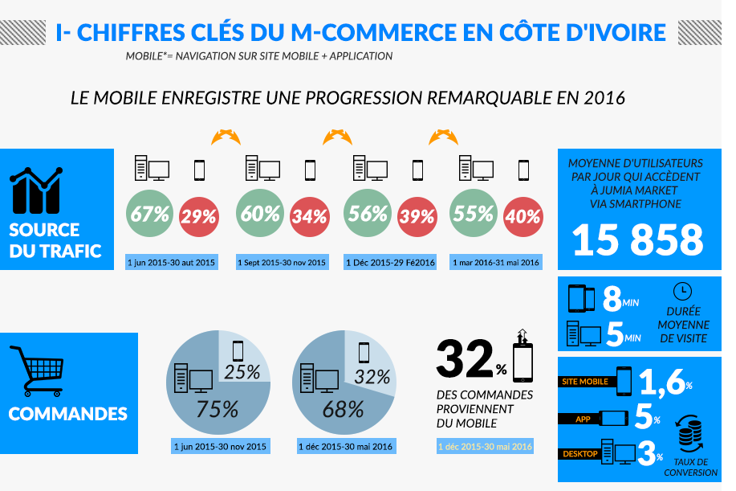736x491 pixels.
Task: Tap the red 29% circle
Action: click(x=198, y=216)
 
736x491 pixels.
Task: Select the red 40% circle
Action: click(x=523, y=216)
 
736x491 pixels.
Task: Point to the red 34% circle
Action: click(x=309, y=216)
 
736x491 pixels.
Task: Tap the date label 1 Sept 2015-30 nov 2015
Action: click(x=282, y=263)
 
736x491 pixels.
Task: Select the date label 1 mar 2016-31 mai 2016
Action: click(x=497, y=263)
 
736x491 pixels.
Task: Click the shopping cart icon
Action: click(x=36, y=372)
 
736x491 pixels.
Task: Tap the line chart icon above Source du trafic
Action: click(x=37, y=190)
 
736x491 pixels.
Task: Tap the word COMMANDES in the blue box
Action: click(x=68, y=415)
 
